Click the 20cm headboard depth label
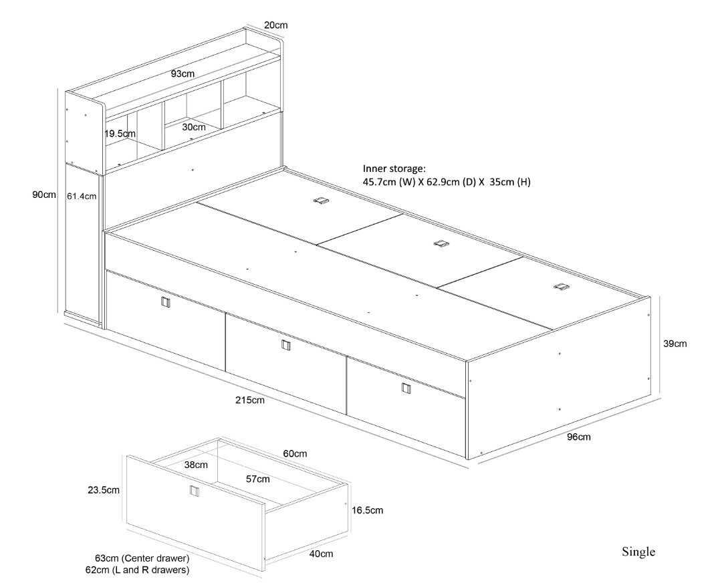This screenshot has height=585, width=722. [276, 25]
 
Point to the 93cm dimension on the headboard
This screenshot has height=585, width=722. [183, 74]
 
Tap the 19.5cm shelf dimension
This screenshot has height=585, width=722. [120, 134]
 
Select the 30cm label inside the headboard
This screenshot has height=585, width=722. [193, 126]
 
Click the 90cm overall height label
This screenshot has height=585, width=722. [44, 195]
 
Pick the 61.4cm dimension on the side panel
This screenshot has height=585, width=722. [82, 197]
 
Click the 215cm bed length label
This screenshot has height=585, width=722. [250, 400]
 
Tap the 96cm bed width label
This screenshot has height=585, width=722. [578, 437]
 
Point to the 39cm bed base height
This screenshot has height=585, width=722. [675, 344]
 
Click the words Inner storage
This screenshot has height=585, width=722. [394, 168]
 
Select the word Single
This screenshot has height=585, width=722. [638, 552]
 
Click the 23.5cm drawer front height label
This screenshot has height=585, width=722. [104, 490]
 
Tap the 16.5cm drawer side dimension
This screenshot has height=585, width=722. [367, 510]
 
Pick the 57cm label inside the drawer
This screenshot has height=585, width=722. [258, 479]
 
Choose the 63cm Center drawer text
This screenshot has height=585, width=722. [142, 558]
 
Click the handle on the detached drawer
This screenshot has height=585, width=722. [195, 491]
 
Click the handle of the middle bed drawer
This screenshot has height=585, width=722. [286, 345]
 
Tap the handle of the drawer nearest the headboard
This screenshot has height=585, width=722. [166, 302]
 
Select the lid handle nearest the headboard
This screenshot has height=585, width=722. [322, 201]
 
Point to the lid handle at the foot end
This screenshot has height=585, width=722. [560, 287]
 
